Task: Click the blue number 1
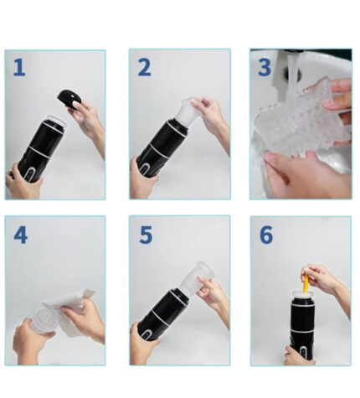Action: tap(19, 67)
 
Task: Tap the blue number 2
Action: tap(144, 68)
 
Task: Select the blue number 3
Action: tap(265, 67)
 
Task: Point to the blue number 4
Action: tap(21, 235)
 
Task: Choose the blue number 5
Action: tap(146, 235)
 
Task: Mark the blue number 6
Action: tap(266, 235)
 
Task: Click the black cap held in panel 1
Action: tap(69, 99)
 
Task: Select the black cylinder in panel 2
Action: tap(161, 148)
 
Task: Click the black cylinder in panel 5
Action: tap(162, 314)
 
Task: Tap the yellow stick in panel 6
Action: tap(306, 283)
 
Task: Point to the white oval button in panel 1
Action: tap(29, 173)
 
